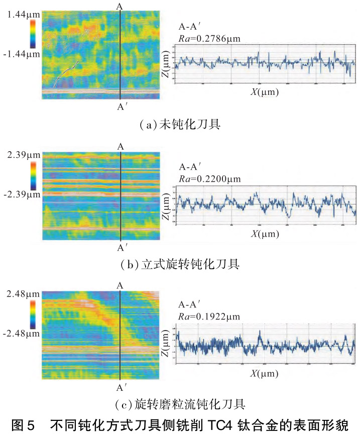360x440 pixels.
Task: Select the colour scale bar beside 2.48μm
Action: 33,314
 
